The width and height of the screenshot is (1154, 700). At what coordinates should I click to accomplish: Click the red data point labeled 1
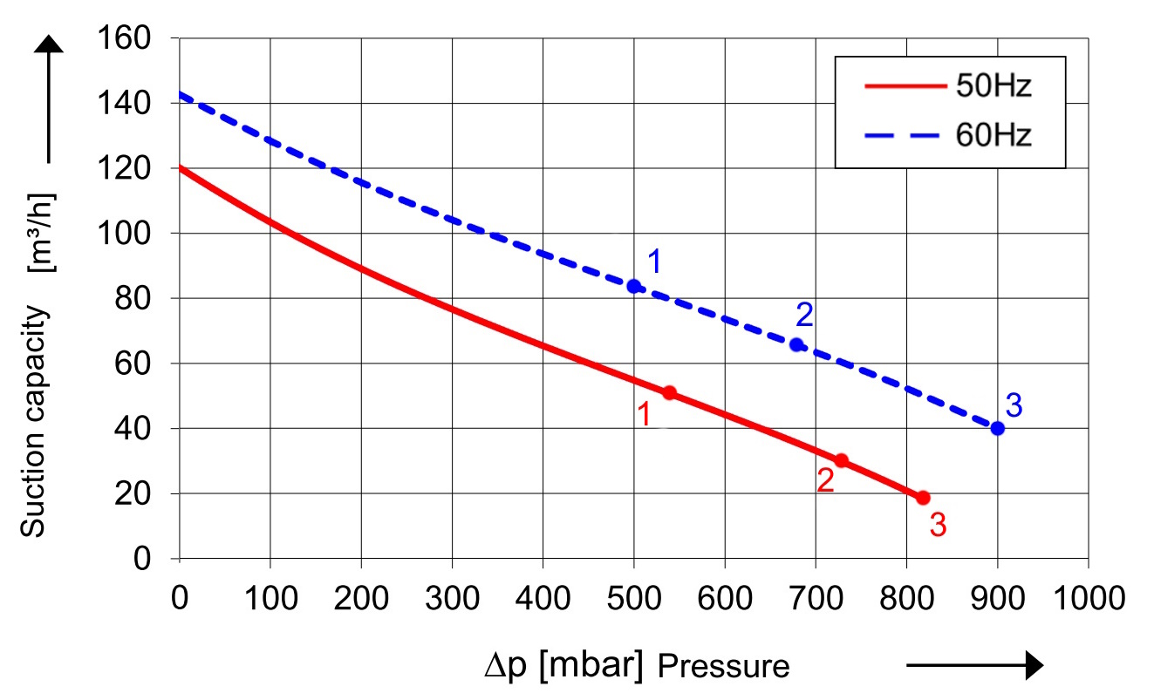point(669,393)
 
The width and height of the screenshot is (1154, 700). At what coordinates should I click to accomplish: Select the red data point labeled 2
point(841,460)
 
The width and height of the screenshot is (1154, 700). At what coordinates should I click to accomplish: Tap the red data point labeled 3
point(923,498)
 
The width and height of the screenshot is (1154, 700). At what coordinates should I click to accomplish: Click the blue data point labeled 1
point(634,286)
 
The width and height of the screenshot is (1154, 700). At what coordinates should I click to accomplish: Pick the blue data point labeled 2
point(796,344)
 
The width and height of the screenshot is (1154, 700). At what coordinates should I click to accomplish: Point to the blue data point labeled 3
point(998,428)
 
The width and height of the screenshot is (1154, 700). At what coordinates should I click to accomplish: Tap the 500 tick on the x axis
point(634,599)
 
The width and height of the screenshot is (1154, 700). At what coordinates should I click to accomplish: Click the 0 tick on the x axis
point(180,599)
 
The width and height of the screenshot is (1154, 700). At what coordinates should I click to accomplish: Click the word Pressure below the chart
point(723,667)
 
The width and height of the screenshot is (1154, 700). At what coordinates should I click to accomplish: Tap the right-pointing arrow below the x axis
point(975,666)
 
